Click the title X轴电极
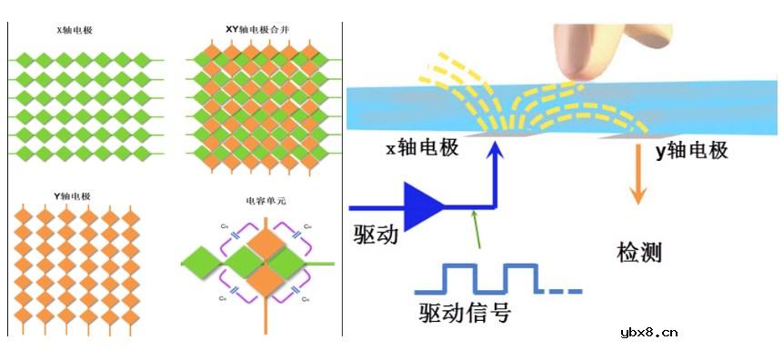(75, 31)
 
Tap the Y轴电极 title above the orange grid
(75, 195)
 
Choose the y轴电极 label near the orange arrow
(692, 151)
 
